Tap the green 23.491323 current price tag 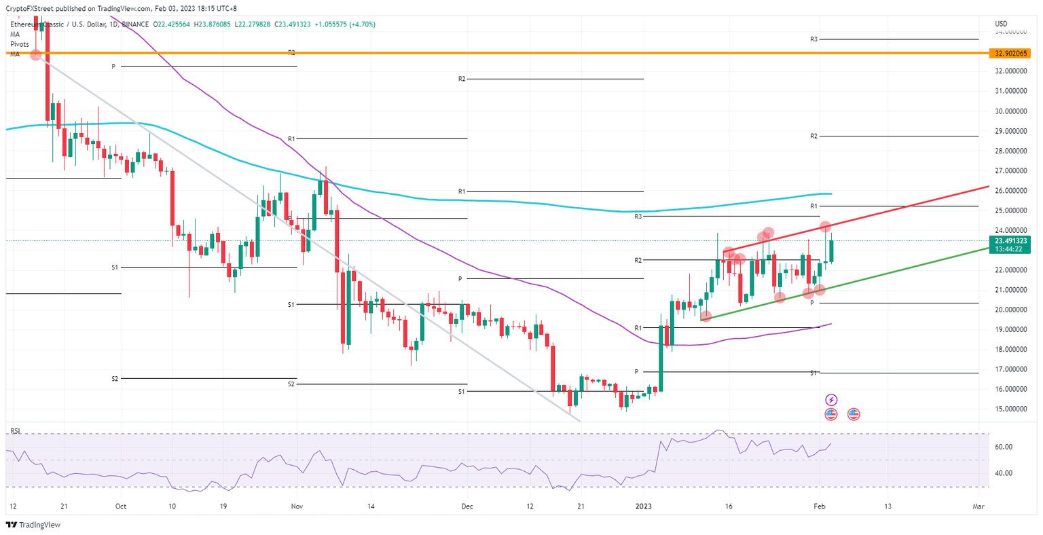pyautogui.click(x=1010, y=240)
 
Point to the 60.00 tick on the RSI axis pyautogui.click(x=1004, y=447)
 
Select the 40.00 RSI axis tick pyautogui.click(x=1004, y=473)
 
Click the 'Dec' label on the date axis pyautogui.click(x=466, y=506)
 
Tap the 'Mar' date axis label pyautogui.click(x=978, y=506)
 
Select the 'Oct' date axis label pyautogui.click(x=121, y=506)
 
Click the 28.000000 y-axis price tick pyautogui.click(x=1010, y=151)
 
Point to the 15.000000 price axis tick pyautogui.click(x=1010, y=409)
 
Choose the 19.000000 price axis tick pyautogui.click(x=1010, y=330)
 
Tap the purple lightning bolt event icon pyautogui.click(x=831, y=400)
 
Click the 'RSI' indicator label pyautogui.click(x=15, y=431)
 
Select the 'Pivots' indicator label pyautogui.click(x=20, y=44)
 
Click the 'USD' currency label pyautogui.click(x=1001, y=24)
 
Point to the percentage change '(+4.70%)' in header pyautogui.click(x=362, y=24)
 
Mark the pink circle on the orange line pyautogui.click(x=35, y=54)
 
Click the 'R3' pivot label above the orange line pyautogui.click(x=813, y=39)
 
